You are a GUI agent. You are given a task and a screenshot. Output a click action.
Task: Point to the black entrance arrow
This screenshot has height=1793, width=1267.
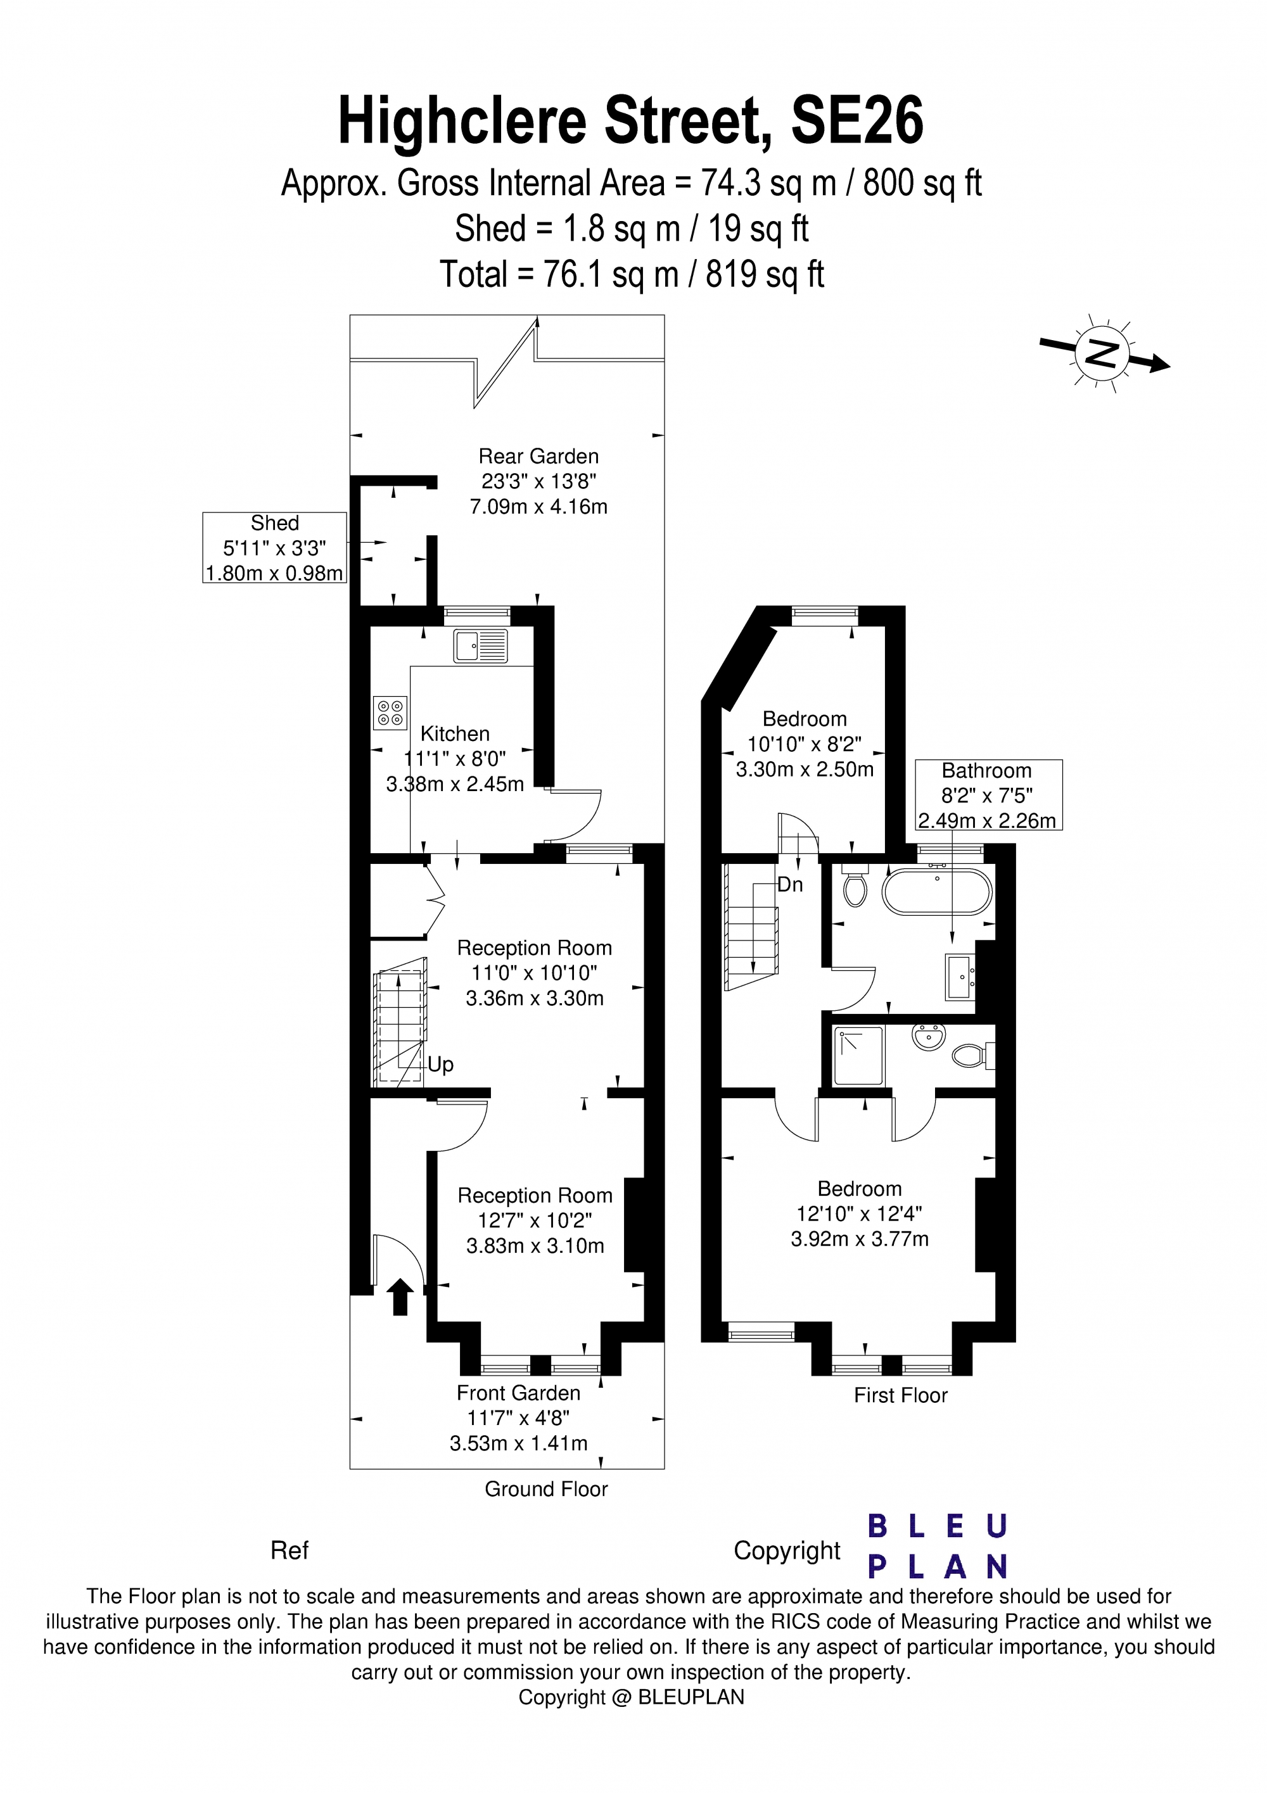(400, 1296)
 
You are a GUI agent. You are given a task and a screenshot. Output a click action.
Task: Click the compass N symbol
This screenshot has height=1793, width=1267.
(1102, 354)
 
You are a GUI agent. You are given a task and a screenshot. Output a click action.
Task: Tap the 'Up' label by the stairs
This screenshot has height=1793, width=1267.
(440, 1065)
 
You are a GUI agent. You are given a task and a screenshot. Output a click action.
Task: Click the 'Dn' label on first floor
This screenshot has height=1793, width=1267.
(790, 885)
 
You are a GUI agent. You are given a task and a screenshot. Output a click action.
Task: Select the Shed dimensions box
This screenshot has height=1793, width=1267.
(274, 547)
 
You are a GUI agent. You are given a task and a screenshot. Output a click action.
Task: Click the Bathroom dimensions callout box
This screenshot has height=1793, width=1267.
(988, 795)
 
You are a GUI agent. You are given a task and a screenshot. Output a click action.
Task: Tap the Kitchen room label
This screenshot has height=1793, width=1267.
(455, 733)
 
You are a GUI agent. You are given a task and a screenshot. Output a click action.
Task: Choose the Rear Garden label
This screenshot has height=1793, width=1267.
(538, 456)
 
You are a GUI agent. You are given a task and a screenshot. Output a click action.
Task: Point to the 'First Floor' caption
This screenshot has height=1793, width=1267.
(900, 1395)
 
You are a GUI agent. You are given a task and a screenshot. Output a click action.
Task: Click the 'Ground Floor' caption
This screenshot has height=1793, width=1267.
(546, 1488)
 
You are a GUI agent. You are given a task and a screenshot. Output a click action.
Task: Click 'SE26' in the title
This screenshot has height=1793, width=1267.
(857, 121)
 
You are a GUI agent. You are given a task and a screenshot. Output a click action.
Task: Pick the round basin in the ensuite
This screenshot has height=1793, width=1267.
(928, 1038)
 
